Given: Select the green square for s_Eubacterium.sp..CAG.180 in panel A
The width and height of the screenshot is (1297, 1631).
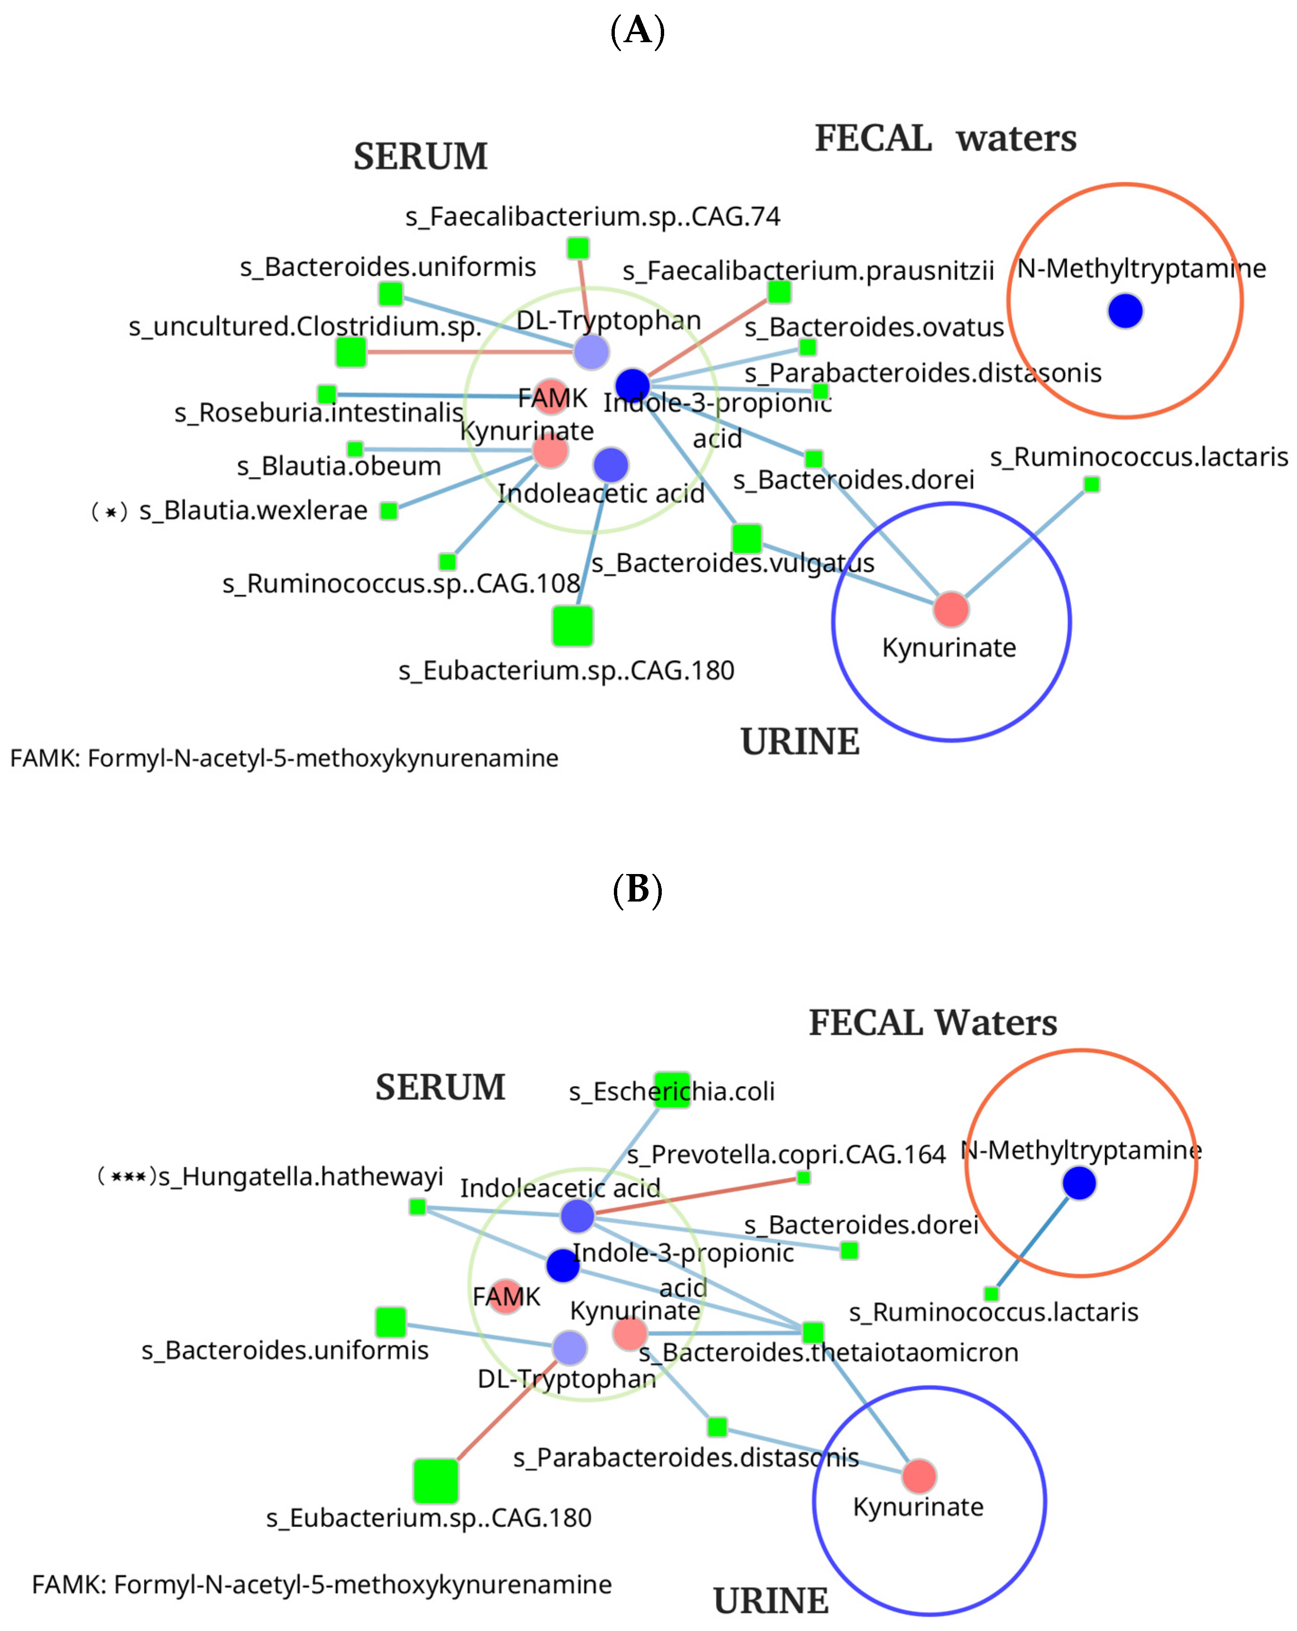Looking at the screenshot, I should tap(572, 626).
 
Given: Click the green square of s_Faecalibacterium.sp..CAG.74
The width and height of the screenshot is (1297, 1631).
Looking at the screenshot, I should tap(578, 247).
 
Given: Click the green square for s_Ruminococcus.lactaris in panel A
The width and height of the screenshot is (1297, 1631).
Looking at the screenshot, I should tap(1091, 484).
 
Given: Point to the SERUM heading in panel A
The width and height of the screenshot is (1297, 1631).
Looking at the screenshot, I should tap(421, 156).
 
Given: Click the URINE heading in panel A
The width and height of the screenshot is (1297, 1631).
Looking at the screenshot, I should tap(800, 741).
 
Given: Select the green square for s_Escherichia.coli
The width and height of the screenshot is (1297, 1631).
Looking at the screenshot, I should tap(671, 1090).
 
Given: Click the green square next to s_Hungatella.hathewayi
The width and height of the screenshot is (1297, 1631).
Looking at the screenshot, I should tap(417, 1207).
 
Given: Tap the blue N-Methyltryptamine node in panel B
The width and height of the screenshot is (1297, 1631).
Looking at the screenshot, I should tap(1079, 1183).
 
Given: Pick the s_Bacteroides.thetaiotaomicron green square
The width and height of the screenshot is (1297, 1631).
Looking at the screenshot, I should tap(812, 1332).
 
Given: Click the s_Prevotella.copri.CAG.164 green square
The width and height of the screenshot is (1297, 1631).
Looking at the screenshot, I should tap(804, 1178).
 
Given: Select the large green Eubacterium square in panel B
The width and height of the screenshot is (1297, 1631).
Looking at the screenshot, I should tap(436, 1481).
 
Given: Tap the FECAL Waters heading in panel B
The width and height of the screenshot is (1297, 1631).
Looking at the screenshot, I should tap(932, 1023).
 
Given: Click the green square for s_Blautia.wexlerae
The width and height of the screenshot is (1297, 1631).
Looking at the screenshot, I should tap(388, 510).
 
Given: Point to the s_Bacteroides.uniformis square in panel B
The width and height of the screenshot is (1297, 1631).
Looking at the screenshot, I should tap(391, 1321).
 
